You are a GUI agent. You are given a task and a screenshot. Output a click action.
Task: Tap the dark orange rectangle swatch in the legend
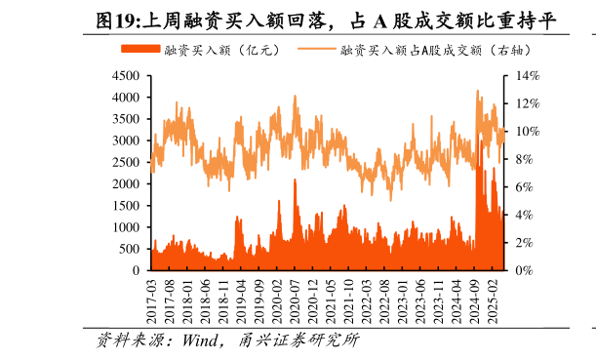[x=139, y=49]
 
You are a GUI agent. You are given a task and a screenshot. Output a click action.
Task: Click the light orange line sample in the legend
[x=314, y=49]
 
